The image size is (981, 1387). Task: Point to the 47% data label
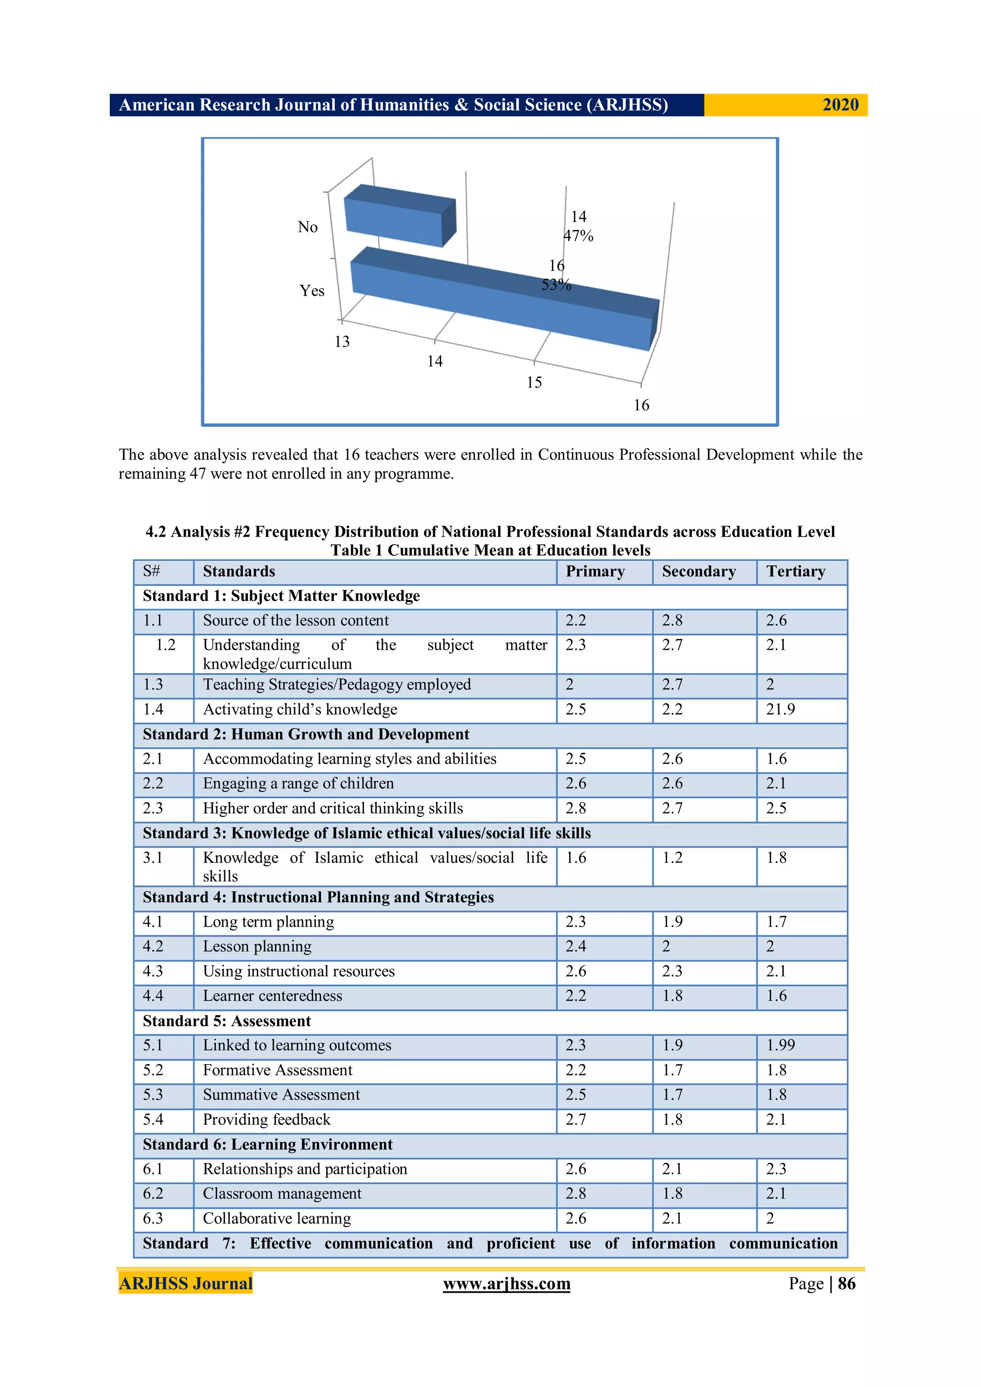(x=578, y=236)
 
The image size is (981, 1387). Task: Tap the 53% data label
(x=556, y=285)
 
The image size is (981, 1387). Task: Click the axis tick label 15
(x=534, y=382)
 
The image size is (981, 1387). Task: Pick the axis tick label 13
(x=342, y=342)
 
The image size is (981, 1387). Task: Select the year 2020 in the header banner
(x=840, y=105)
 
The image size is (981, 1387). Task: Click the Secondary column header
(x=699, y=572)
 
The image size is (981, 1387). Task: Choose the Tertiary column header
(x=796, y=572)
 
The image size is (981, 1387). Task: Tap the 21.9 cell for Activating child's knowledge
(x=780, y=709)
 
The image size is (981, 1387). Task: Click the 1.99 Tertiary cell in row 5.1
(x=780, y=1045)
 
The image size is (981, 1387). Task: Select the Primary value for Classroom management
(x=576, y=1194)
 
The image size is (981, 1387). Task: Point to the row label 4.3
(x=153, y=972)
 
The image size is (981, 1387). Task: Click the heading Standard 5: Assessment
(x=227, y=1021)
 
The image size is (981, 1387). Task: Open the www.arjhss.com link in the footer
(x=506, y=1284)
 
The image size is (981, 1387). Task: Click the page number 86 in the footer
(x=846, y=1284)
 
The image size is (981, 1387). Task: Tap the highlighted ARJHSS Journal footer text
(x=185, y=1284)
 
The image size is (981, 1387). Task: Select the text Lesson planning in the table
(x=257, y=947)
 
